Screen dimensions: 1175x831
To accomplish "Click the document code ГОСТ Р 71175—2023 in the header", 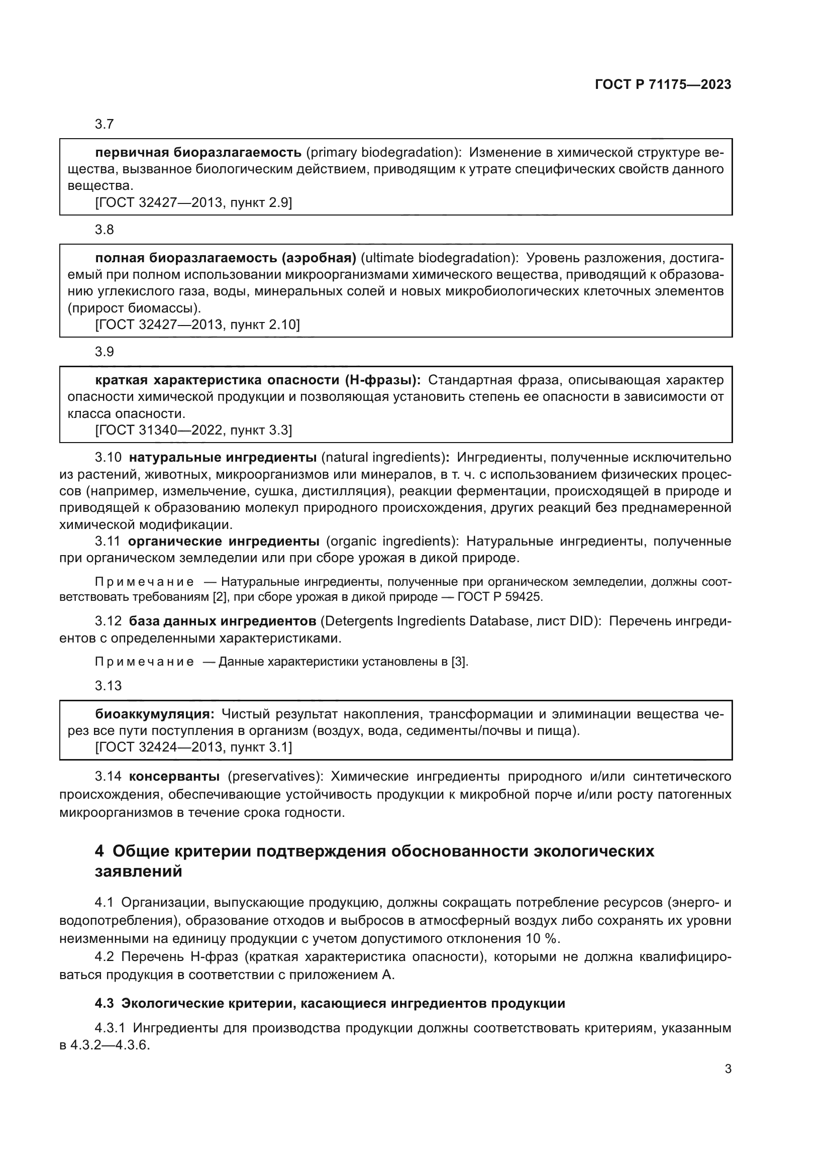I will coord(663,84).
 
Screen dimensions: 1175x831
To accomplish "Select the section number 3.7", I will coord(105,125).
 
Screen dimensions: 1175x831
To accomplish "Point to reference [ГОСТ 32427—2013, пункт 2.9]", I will coord(193,202).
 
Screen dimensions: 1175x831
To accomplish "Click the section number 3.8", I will coord(105,230).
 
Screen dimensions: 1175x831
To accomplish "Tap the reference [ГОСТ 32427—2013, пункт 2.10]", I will coord(197,325).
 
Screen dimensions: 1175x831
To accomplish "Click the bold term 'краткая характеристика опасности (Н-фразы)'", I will coord(258,380).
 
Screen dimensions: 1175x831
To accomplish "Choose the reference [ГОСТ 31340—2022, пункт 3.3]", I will coord(193,430).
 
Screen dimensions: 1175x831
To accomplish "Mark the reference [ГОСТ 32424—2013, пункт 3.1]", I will coord(193,747).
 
